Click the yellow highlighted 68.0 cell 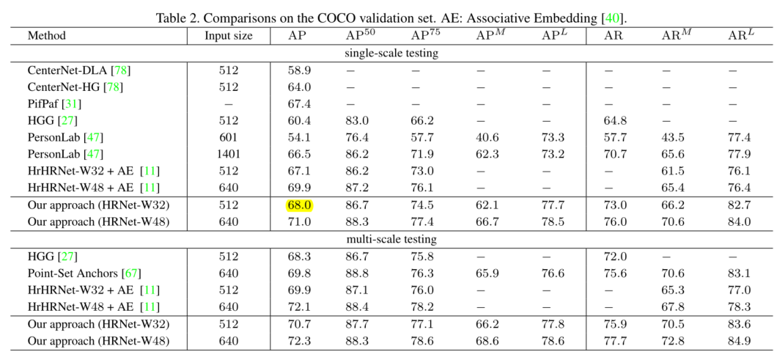(x=301, y=205)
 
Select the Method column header (x=47, y=36)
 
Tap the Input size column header (x=228, y=36)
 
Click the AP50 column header (x=360, y=36)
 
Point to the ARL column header (x=741, y=36)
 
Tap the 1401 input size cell (x=228, y=154)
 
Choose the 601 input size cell (x=228, y=137)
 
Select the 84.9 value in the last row (x=740, y=341)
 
